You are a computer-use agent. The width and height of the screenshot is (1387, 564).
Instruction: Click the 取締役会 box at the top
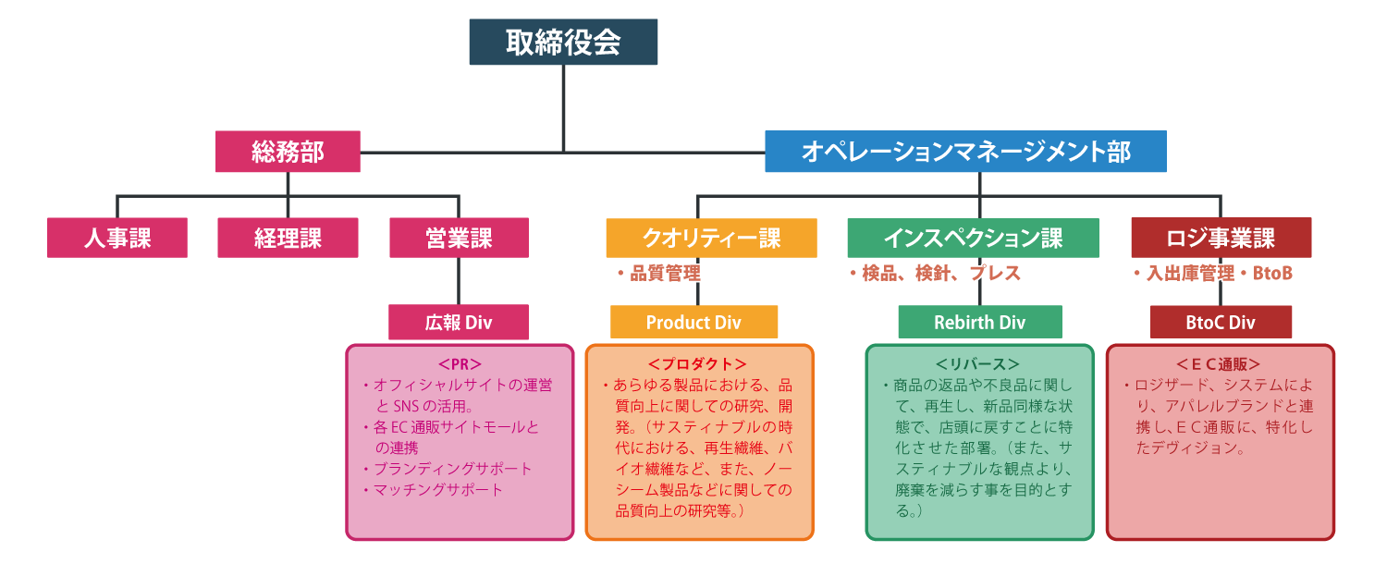(563, 43)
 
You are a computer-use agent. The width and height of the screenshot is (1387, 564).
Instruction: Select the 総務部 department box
(288, 152)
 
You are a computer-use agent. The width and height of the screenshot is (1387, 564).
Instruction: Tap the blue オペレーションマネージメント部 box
(965, 152)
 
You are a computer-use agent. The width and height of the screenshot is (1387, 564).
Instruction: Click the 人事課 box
(117, 238)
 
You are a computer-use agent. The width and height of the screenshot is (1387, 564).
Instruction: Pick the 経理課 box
(288, 238)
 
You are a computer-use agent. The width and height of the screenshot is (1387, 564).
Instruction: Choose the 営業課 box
(459, 238)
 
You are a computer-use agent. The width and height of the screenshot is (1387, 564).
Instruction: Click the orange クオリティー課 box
(711, 238)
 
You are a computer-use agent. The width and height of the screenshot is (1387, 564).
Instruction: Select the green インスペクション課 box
(973, 238)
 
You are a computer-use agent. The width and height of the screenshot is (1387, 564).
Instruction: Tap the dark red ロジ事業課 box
(1221, 238)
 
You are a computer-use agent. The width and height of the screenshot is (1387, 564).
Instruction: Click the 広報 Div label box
(459, 323)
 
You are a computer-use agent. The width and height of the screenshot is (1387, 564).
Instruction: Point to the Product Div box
(693, 323)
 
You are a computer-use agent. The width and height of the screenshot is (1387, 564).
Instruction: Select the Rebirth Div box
(979, 323)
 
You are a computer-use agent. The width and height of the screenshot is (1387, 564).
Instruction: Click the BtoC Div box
(1221, 323)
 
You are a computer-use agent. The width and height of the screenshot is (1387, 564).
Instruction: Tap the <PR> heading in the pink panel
(460, 364)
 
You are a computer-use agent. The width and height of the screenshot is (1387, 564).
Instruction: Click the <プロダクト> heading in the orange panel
(698, 364)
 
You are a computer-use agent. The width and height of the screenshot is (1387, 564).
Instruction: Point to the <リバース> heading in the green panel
(978, 364)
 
